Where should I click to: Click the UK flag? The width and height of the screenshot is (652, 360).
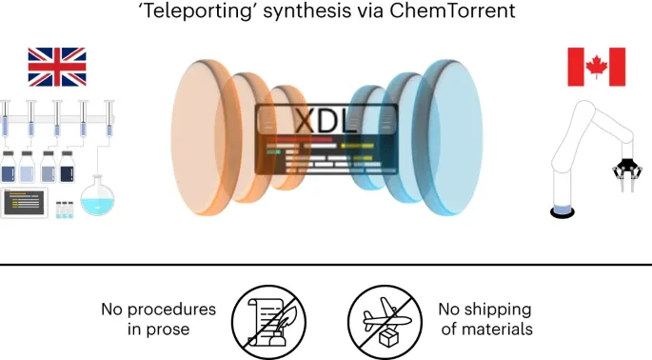[57, 67]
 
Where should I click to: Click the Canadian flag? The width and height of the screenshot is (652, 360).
[596, 67]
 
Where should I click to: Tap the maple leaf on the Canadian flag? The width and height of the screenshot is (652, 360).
[596, 67]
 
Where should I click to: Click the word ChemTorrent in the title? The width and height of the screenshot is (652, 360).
[452, 10]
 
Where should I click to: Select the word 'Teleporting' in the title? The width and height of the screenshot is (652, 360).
[198, 11]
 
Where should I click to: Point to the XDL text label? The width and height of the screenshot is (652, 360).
[326, 121]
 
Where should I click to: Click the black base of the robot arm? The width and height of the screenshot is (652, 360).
[563, 212]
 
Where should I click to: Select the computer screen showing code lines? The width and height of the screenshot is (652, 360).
[24, 203]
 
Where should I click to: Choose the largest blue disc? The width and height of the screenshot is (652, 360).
[450, 137]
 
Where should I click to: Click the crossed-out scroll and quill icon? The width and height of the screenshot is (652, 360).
[268, 322]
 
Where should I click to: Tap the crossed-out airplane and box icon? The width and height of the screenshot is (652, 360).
[385, 322]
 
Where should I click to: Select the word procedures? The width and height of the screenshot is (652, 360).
[171, 310]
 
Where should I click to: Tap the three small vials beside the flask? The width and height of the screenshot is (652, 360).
[65, 210]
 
